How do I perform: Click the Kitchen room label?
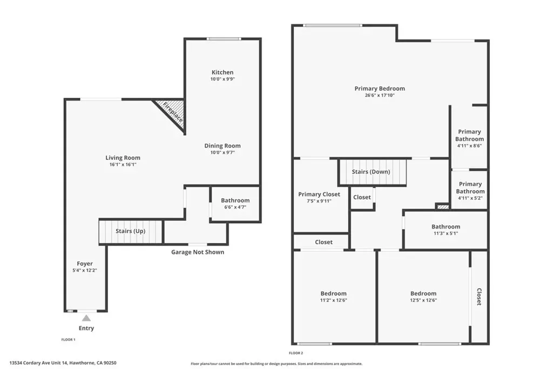coord(222,72)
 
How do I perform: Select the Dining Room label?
coord(222,146)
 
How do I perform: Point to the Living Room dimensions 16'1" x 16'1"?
coord(123,164)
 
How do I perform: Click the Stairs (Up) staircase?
coord(131,231)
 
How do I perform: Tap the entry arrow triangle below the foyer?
coord(86,318)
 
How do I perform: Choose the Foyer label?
coord(85,264)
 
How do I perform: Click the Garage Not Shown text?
coord(198,252)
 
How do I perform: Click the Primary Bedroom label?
coord(380,89)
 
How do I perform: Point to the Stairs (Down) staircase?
coord(373,172)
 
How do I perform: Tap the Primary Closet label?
coord(319,194)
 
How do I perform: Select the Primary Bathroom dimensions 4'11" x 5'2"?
coord(470,198)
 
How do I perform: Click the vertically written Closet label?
coord(480,297)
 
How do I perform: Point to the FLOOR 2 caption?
coord(296,353)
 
